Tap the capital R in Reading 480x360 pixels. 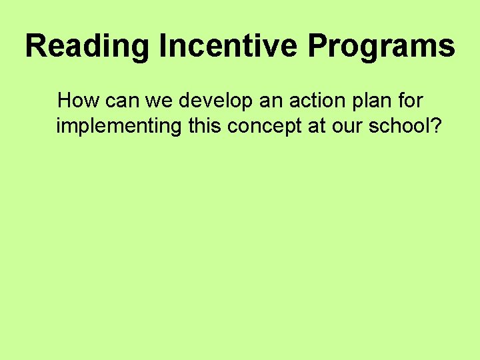pyautogui.click(x=37, y=47)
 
